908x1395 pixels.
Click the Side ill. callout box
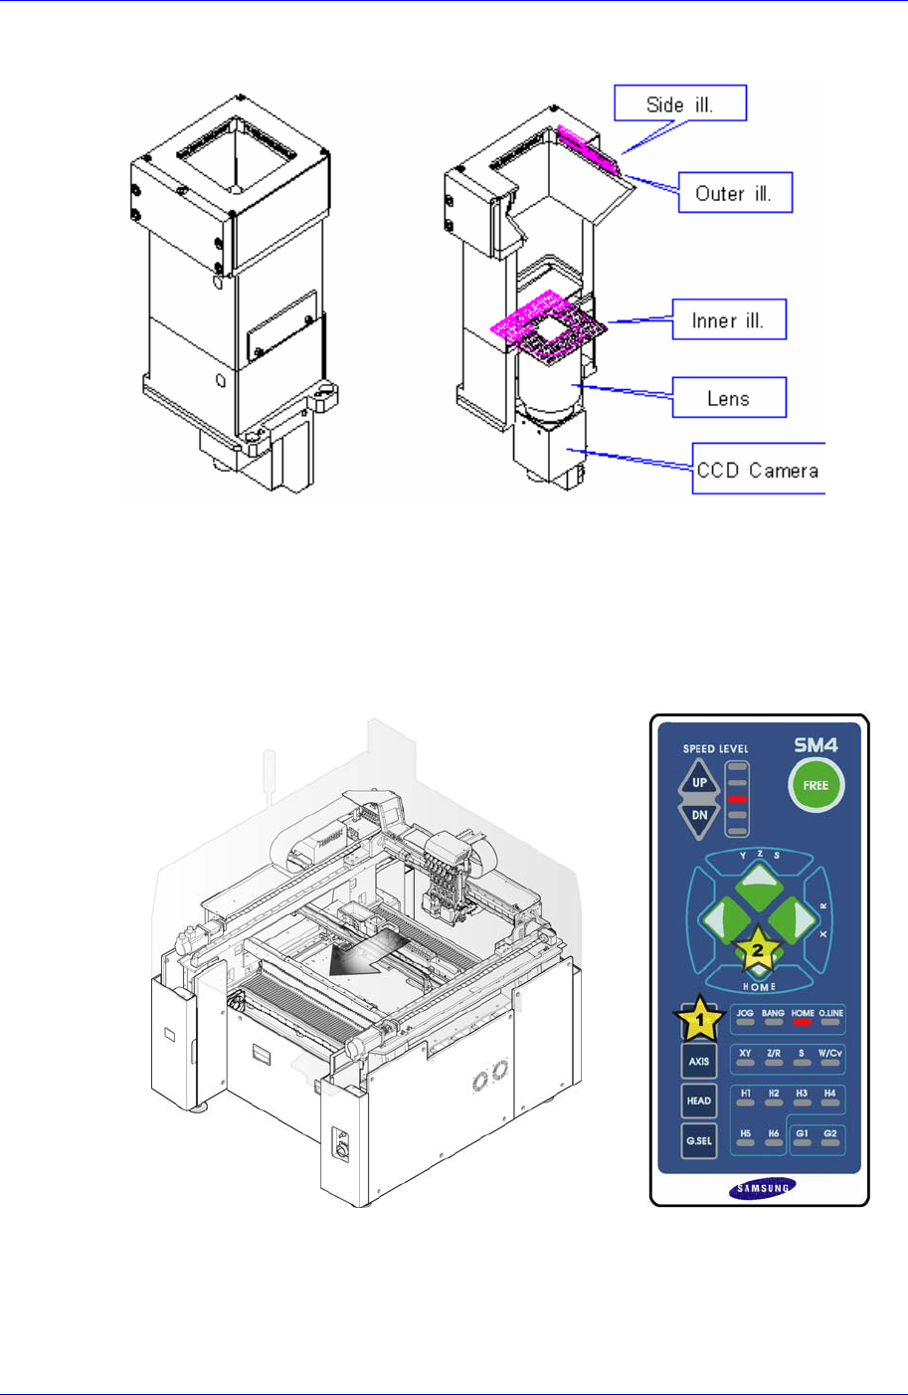(680, 102)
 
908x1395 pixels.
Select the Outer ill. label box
(735, 192)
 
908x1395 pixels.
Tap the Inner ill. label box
(729, 319)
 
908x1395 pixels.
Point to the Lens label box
(729, 397)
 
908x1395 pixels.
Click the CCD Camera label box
(759, 469)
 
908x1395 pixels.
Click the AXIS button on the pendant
(699, 1062)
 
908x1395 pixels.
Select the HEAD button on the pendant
(699, 1100)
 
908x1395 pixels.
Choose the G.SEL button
(699, 1141)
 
